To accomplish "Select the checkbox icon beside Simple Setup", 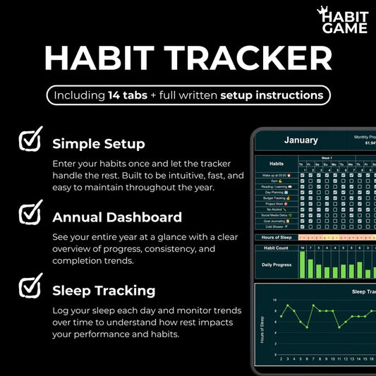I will coord(30,140).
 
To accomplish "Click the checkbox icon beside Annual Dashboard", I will coord(30,213).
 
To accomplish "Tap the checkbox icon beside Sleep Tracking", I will coord(30,286).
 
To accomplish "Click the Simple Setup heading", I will coord(99,144).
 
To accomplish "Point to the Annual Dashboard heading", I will coord(117,217).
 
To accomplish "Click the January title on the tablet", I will coord(301,140).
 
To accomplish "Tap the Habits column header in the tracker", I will coord(276,164).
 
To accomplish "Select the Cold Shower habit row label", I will coord(276,227).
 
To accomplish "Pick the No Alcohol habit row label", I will coord(276,210).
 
